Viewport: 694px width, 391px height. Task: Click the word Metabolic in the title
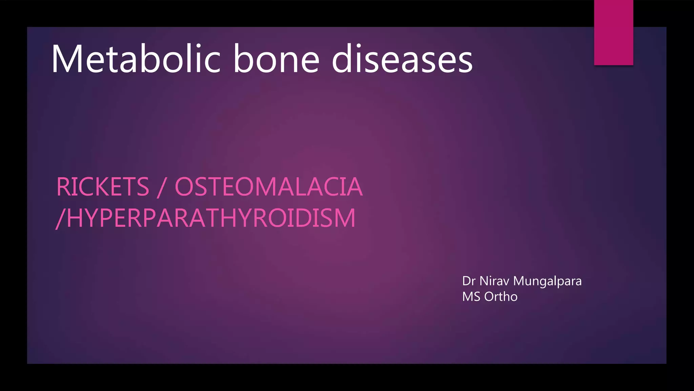click(x=136, y=59)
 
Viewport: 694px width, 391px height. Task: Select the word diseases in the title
click(x=402, y=59)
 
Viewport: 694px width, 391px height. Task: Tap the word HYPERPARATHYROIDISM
click(x=211, y=218)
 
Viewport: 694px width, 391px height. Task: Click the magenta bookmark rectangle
click(x=613, y=32)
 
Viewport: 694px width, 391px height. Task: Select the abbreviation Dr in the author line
click(x=469, y=281)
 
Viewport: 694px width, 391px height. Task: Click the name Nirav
click(x=494, y=281)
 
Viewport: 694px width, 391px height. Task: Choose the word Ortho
click(x=501, y=297)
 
